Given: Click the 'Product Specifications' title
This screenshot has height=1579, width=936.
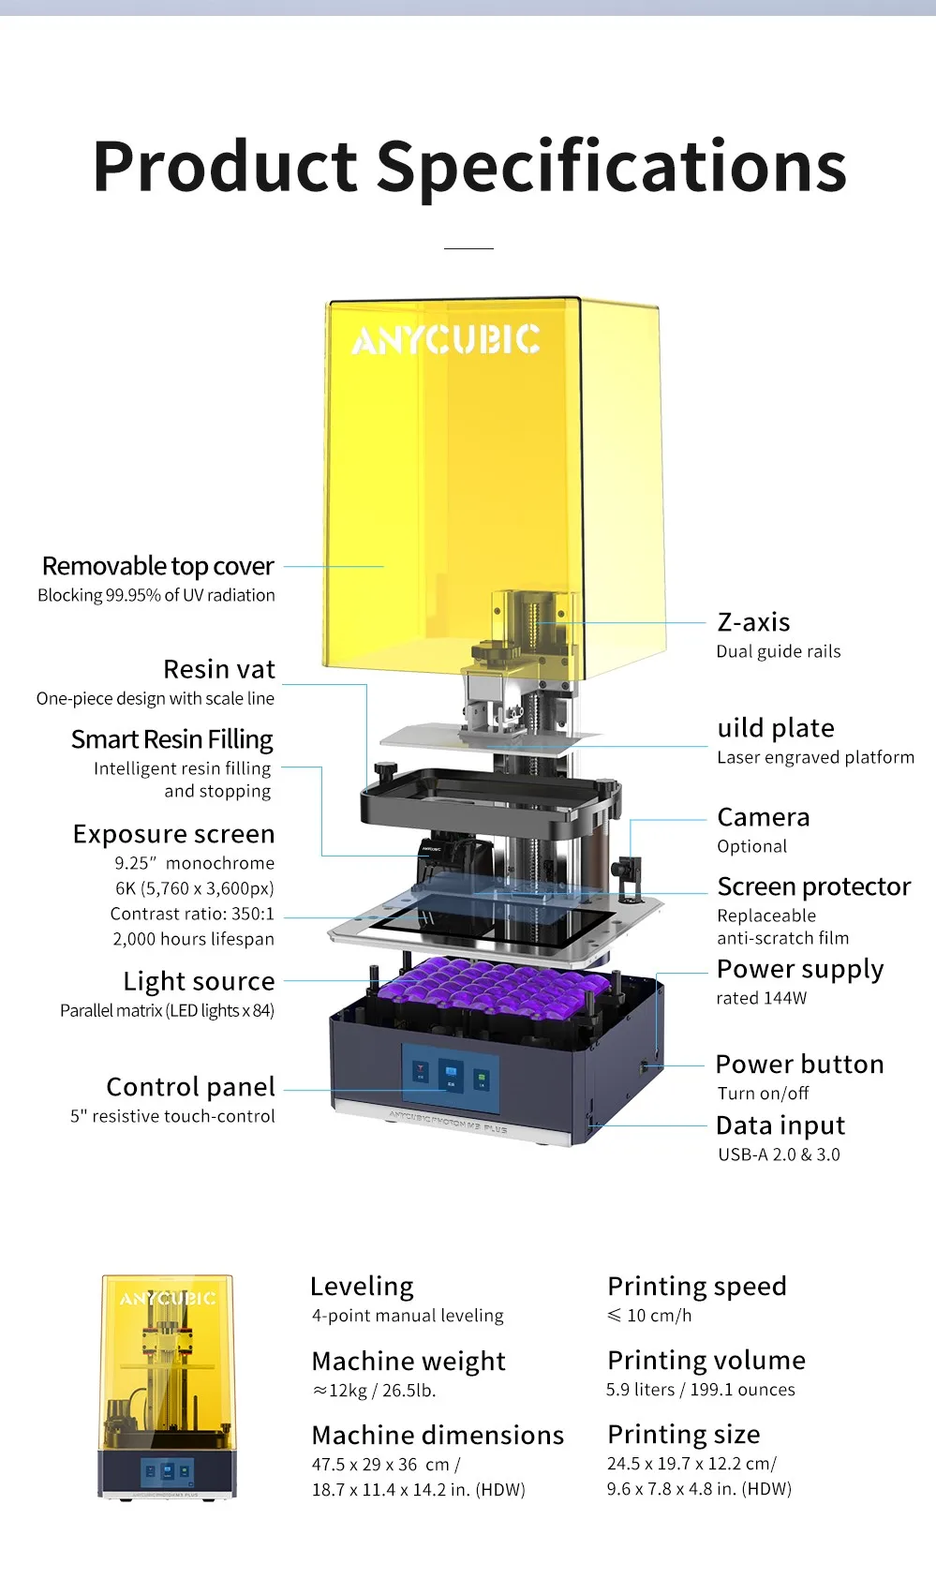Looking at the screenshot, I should click(x=469, y=167).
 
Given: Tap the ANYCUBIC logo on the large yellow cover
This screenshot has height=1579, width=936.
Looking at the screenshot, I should click(x=446, y=339).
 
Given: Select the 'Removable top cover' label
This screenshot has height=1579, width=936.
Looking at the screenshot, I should click(x=158, y=566).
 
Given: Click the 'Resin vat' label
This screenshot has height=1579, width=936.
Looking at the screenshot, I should click(x=219, y=669).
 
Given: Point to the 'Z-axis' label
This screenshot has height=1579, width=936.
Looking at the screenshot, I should click(x=753, y=622).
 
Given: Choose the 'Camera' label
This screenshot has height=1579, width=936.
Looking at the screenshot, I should click(x=763, y=817).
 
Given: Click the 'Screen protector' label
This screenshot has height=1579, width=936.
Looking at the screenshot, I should click(x=813, y=886).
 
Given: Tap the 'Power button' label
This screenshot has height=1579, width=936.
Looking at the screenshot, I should click(x=799, y=1065).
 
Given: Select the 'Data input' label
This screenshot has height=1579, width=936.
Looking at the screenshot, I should click(x=780, y=1125).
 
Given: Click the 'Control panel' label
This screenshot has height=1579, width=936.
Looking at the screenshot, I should click(x=190, y=1087).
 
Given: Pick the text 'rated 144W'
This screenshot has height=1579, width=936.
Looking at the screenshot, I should click(x=761, y=998).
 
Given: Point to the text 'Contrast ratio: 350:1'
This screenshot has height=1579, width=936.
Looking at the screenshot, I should click(x=192, y=914).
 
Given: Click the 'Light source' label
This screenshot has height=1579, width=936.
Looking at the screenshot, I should click(x=199, y=981).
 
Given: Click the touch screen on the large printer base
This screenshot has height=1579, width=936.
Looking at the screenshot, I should click(x=451, y=1075).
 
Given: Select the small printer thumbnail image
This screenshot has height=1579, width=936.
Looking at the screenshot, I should click(x=167, y=1386).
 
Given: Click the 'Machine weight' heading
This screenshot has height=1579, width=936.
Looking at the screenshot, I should click(x=409, y=1361).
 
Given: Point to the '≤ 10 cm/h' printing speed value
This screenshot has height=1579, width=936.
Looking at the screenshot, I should click(x=649, y=1316).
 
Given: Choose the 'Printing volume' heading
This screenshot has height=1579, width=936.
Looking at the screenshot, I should click(x=706, y=1360).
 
